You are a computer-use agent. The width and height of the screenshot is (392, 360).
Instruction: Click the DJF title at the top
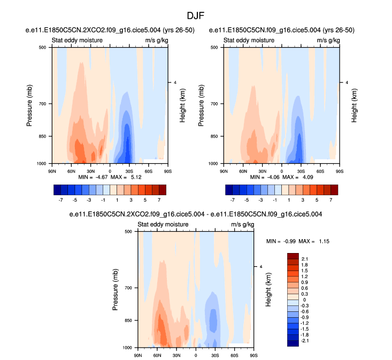[x=196, y=17]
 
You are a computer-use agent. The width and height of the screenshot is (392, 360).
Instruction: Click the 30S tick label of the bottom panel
[x=215, y=355]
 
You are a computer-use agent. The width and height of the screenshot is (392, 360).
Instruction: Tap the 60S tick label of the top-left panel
[x=149, y=170]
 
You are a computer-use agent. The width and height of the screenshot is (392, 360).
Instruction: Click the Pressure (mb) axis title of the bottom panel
[x=116, y=290]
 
